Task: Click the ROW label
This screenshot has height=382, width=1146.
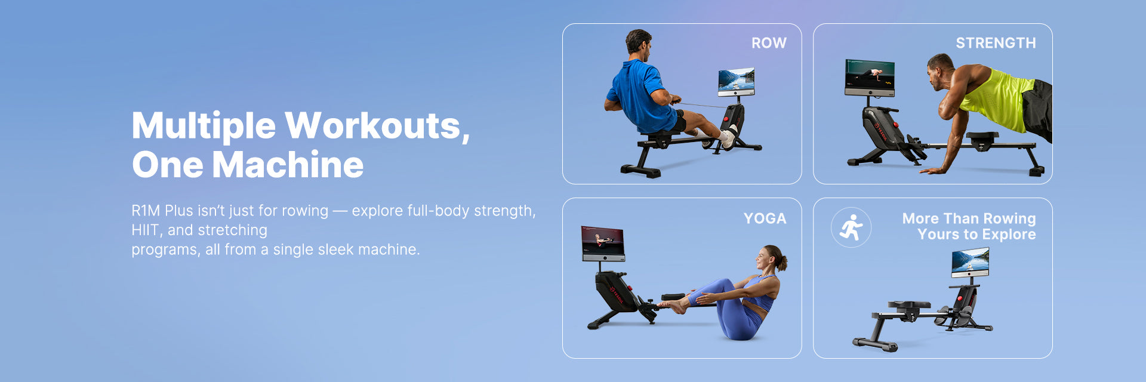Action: point(769,43)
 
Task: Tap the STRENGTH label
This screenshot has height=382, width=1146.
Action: point(996,43)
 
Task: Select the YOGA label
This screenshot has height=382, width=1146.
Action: point(765,218)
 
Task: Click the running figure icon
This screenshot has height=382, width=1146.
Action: point(851,227)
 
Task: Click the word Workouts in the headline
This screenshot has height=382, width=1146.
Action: point(377,127)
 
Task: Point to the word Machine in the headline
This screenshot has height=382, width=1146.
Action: point(288,165)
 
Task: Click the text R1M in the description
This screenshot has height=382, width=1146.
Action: point(146,211)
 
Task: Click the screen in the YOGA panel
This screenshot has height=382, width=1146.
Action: point(603,243)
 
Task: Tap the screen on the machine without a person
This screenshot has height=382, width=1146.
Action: point(970,262)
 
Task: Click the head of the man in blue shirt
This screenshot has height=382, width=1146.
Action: point(639,44)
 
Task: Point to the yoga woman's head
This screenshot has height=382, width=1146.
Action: point(770,258)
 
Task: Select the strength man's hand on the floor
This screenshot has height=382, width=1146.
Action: point(932,171)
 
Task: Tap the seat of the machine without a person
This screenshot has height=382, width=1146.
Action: point(908,305)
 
